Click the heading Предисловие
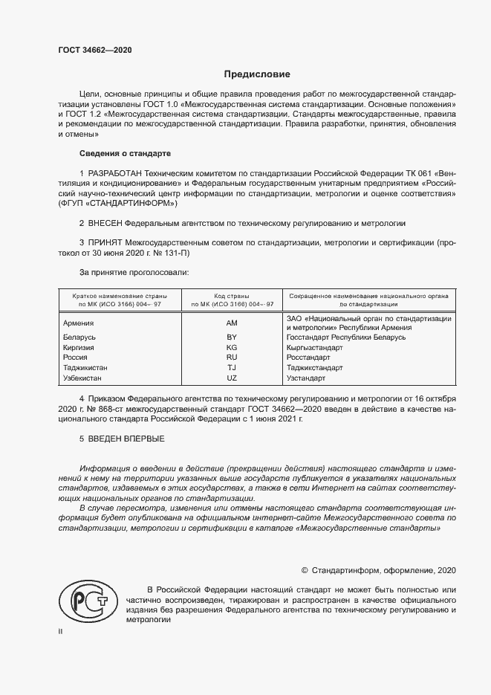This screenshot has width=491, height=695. (x=258, y=74)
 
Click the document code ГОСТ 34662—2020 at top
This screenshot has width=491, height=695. (x=94, y=51)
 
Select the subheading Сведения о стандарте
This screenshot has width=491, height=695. (x=125, y=153)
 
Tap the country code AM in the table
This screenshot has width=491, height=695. (x=232, y=323)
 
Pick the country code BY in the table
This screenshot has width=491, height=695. (x=232, y=337)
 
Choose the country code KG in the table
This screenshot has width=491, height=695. (x=232, y=347)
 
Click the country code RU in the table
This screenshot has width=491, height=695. (x=232, y=358)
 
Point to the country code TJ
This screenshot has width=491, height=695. (x=232, y=367)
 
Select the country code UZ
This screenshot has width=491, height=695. (x=232, y=378)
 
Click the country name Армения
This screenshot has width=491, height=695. (x=79, y=323)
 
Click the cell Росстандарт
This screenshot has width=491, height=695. (x=308, y=358)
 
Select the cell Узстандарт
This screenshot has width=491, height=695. (x=306, y=378)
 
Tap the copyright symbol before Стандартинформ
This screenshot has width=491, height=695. (x=305, y=571)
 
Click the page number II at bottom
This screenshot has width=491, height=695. (x=62, y=631)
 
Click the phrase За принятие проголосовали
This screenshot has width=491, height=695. (x=134, y=273)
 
